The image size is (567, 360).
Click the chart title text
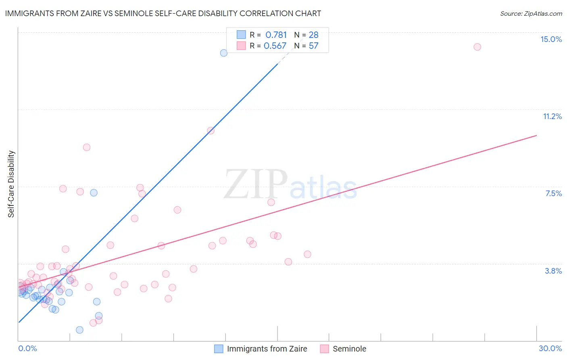163,13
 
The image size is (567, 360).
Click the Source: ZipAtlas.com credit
531,14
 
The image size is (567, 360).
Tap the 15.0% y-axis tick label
551,39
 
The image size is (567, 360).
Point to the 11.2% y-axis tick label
552,116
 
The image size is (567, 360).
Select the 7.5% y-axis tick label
553,193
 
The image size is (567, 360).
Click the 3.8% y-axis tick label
553,271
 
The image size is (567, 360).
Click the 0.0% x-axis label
27,348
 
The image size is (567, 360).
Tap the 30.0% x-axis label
550,348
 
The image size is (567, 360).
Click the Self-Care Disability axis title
11,184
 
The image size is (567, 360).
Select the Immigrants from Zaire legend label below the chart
267,349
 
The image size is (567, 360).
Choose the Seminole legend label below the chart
349,349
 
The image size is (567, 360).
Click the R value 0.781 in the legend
276,35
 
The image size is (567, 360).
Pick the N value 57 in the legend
313,46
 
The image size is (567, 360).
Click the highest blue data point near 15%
224,53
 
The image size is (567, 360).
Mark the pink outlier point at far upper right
477,47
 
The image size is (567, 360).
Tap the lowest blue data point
79,330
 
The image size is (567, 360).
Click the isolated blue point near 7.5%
94,193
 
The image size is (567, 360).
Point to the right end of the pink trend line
536,136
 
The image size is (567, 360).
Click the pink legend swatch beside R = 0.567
241,46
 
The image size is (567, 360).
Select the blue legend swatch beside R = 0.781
241,35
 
